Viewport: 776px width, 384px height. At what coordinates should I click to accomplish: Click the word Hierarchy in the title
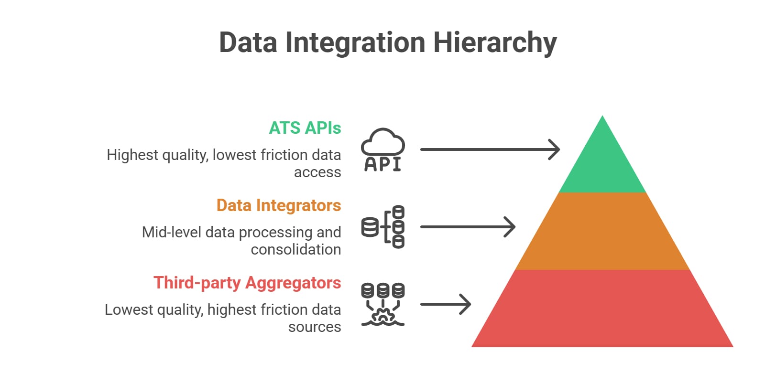[495, 43]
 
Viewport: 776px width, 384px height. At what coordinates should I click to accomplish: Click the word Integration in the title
[355, 43]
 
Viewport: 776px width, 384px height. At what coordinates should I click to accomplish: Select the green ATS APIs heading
[305, 128]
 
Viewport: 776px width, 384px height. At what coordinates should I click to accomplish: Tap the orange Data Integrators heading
[279, 205]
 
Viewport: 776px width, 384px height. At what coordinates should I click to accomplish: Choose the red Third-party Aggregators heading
[247, 283]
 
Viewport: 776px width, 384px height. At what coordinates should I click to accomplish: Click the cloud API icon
[383, 149]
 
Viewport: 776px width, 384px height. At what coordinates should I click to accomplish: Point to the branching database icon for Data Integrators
[383, 227]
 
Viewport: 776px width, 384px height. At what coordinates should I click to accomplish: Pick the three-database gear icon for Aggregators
[383, 304]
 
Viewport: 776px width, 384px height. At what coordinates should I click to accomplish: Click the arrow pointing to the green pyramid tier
[490, 149]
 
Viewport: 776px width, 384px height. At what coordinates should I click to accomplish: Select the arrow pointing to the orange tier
[468, 227]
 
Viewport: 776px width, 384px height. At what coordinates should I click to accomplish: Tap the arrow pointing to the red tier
[446, 304]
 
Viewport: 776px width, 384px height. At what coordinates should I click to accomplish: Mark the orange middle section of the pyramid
[602, 231]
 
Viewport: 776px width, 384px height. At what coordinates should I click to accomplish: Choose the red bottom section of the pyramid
[602, 309]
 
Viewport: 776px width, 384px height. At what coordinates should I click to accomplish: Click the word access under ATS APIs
[317, 172]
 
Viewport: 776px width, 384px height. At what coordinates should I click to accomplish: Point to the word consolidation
[296, 249]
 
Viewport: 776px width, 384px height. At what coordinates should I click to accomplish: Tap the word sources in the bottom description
[315, 327]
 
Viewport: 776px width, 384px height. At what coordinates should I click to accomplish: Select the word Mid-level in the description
[172, 232]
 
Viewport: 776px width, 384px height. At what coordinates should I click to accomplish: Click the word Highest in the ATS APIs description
[132, 155]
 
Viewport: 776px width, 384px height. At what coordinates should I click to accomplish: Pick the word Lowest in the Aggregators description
[129, 309]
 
